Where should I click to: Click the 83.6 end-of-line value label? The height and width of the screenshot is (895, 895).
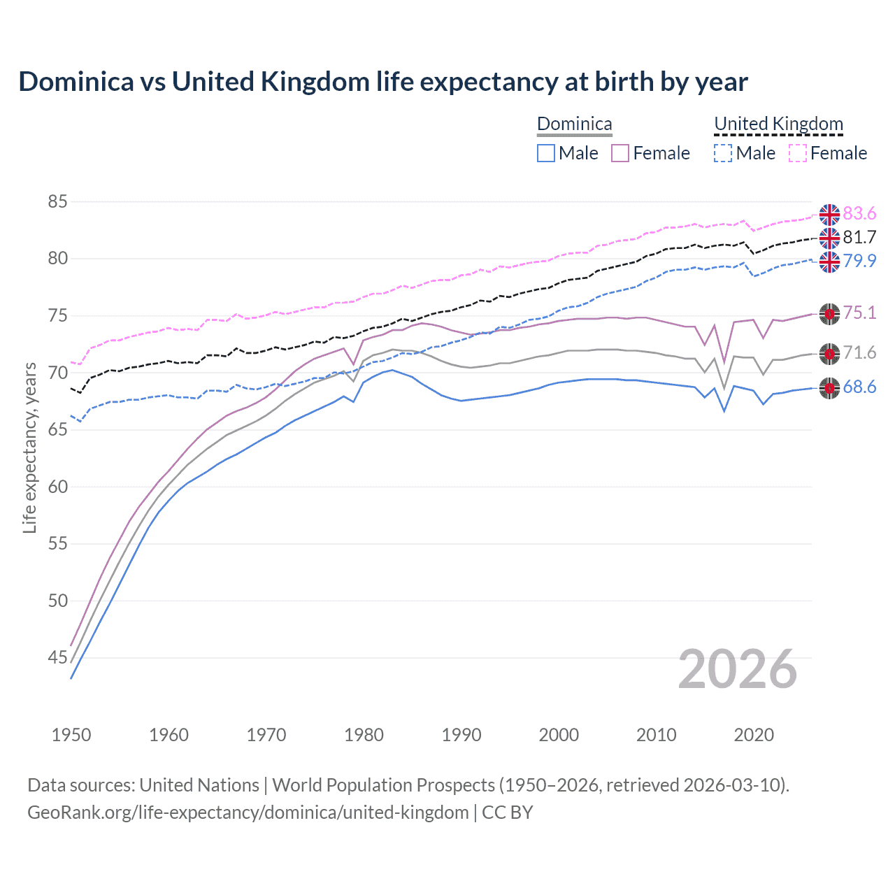[859, 213]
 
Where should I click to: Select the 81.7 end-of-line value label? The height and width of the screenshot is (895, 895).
[859, 237]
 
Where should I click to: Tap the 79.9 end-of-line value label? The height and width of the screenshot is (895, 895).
[859, 261]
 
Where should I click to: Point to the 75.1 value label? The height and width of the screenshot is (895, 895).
[859, 313]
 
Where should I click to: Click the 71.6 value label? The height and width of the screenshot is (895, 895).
[859, 352]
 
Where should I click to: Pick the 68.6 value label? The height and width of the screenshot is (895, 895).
[859, 387]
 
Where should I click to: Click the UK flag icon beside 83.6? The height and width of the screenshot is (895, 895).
[829, 215]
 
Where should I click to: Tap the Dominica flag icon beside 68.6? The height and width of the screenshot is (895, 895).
[829, 389]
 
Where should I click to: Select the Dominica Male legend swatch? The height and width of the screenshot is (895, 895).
[546, 153]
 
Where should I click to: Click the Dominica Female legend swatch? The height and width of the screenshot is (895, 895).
[620, 153]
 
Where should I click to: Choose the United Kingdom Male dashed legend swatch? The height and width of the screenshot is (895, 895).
[723, 153]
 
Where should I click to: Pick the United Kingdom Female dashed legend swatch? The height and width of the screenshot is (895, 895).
[798, 153]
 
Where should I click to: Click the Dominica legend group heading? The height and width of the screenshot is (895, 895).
[574, 124]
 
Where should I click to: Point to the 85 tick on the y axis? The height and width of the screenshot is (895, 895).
[57, 202]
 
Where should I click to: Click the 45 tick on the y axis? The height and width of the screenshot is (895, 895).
[57, 657]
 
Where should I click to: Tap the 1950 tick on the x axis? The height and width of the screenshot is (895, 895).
[71, 735]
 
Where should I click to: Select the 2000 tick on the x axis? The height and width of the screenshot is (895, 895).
[559, 735]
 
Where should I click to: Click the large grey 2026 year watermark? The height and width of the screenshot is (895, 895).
[737, 669]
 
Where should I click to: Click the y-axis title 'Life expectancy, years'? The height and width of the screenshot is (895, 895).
[29, 447]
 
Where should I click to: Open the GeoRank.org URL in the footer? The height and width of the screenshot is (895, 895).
[248, 812]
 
